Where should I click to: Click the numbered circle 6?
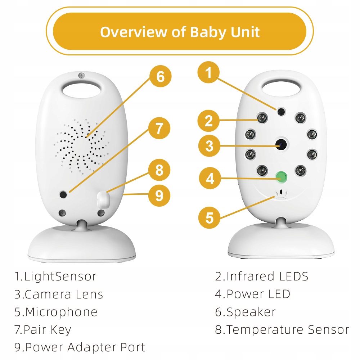(x=161, y=76)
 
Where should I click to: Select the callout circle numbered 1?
(x=208, y=73)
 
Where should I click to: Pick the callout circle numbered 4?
(x=210, y=178)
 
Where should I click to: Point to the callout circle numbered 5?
(x=210, y=218)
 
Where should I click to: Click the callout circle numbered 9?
(x=159, y=195)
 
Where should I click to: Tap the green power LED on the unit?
(x=280, y=176)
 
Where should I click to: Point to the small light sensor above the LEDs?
(x=280, y=112)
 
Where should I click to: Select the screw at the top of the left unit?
(x=82, y=75)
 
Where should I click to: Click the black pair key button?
(x=64, y=194)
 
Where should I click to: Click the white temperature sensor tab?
(x=104, y=199)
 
